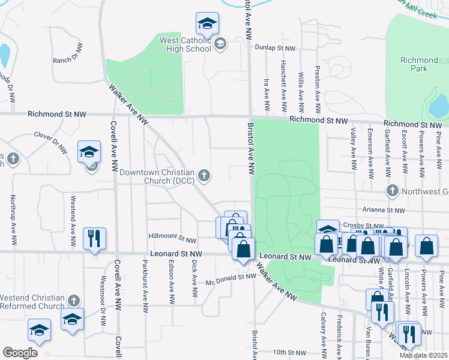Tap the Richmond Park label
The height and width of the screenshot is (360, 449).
[x=419, y=64]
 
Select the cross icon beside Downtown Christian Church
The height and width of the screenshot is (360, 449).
[x=204, y=175]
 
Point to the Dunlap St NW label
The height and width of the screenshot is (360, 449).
[x=275, y=47]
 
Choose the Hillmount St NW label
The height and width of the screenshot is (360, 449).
[x=174, y=239]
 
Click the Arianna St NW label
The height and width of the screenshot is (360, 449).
[x=384, y=211]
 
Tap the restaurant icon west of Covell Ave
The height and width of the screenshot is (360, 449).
[x=95, y=239]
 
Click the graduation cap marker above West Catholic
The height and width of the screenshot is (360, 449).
[x=207, y=23]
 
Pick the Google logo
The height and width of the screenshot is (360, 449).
[x=20, y=353]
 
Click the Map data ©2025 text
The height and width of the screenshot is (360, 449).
[x=423, y=355]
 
